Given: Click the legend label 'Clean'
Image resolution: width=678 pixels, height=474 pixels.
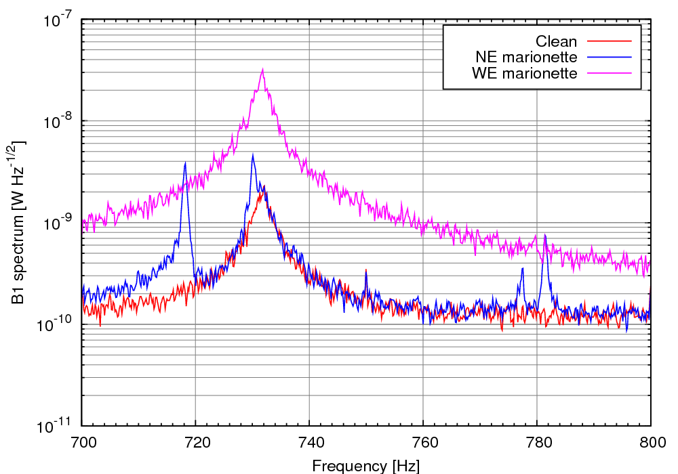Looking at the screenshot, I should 557,42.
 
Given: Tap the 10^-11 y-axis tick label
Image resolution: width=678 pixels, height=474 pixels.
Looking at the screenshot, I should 56,427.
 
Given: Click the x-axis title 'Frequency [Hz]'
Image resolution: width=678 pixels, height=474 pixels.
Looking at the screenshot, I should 366,466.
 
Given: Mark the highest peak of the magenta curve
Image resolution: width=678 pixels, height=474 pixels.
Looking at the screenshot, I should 262,69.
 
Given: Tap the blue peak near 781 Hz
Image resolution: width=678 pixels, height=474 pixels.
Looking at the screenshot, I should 544,235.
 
